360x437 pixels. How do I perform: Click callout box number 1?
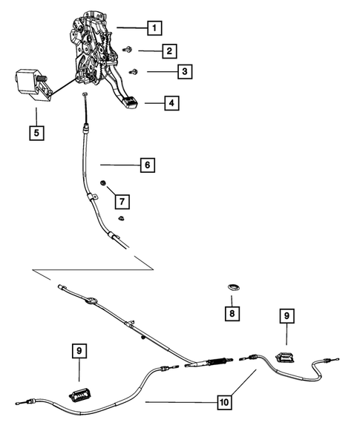tap(154, 29)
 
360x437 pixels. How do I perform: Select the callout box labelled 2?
tap(170, 51)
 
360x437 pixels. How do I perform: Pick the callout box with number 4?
tap(171, 103)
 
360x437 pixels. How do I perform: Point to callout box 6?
tap(147, 165)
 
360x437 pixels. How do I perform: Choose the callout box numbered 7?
tap(120, 200)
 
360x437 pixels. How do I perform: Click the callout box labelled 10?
tap(223, 404)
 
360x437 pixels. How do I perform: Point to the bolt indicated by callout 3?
tap(134, 71)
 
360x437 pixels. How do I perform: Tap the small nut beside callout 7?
tap(104, 184)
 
